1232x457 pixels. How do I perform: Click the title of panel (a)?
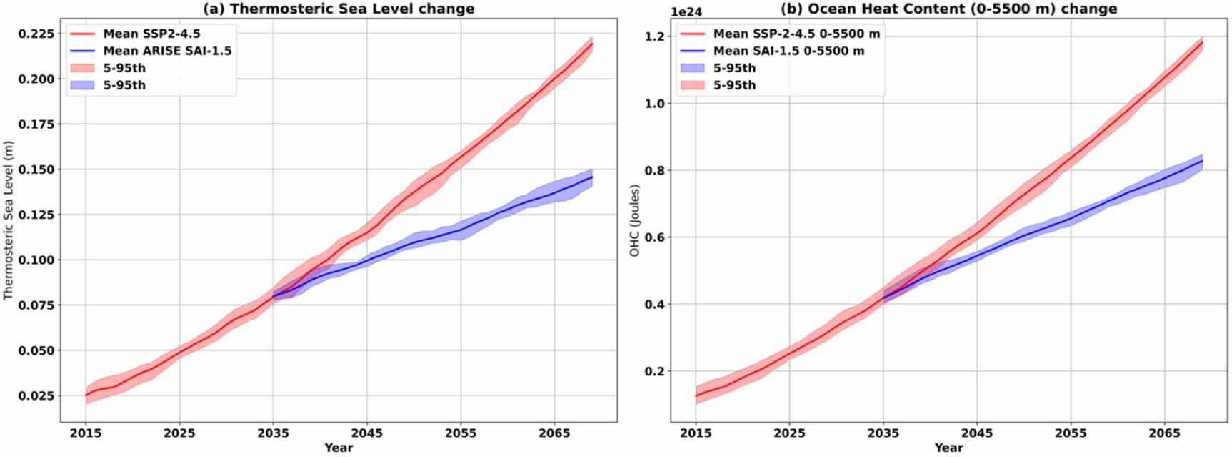click(x=339, y=9)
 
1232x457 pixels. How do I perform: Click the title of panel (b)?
click(x=948, y=9)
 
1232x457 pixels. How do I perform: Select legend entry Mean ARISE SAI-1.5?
click(x=167, y=51)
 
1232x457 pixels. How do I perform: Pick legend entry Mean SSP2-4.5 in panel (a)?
click(x=151, y=34)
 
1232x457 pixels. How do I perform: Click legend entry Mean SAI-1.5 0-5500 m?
click(x=788, y=51)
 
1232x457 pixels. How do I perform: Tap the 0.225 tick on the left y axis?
click(x=36, y=34)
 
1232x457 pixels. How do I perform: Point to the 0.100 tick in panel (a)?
click(x=36, y=260)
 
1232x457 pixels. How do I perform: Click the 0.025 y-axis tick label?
click(x=36, y=395)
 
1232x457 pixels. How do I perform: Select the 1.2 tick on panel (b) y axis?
click(x=655, y=36)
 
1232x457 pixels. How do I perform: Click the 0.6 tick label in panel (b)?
click(x=655, y=237)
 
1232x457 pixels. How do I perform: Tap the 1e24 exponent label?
click(x=686, y=12)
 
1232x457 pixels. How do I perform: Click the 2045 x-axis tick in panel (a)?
click(x=366, y=433)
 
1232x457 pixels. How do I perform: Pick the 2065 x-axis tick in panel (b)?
click(x=1164, y=433)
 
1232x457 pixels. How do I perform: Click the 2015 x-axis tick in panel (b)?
click(x=696, y=433)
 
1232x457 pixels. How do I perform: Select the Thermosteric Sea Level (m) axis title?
click(x=9, y=220)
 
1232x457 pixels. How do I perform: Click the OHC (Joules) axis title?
click(x=634, y=220)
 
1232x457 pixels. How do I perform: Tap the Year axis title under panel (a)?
click(x=339, y=448)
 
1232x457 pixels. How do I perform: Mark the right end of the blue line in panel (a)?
click(x=592, y=177)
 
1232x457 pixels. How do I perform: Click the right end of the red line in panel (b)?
click(x=1202, y=43)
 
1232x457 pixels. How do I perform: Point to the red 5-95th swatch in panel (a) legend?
click(x=83, y=68)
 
